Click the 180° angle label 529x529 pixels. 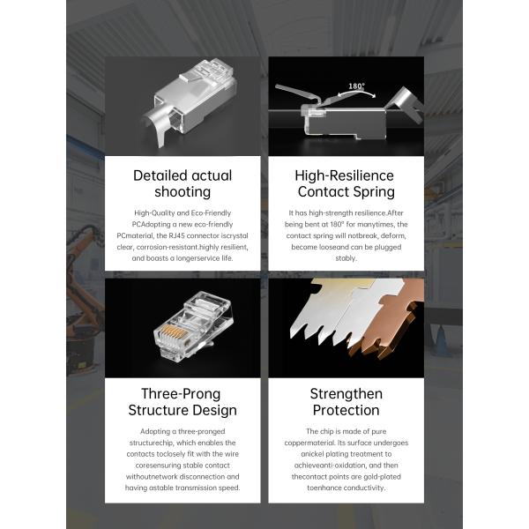(x=356, y=86)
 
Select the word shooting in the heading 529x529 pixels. (x=183, y=192)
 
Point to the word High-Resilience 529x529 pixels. (x=344, y=175)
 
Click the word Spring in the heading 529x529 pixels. (x=374, y=192)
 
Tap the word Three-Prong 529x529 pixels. (x=181, y=394)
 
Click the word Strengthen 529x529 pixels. (x=346, y=394)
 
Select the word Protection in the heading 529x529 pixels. (x=346, y=410)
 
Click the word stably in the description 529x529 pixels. (x=346, y=258)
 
